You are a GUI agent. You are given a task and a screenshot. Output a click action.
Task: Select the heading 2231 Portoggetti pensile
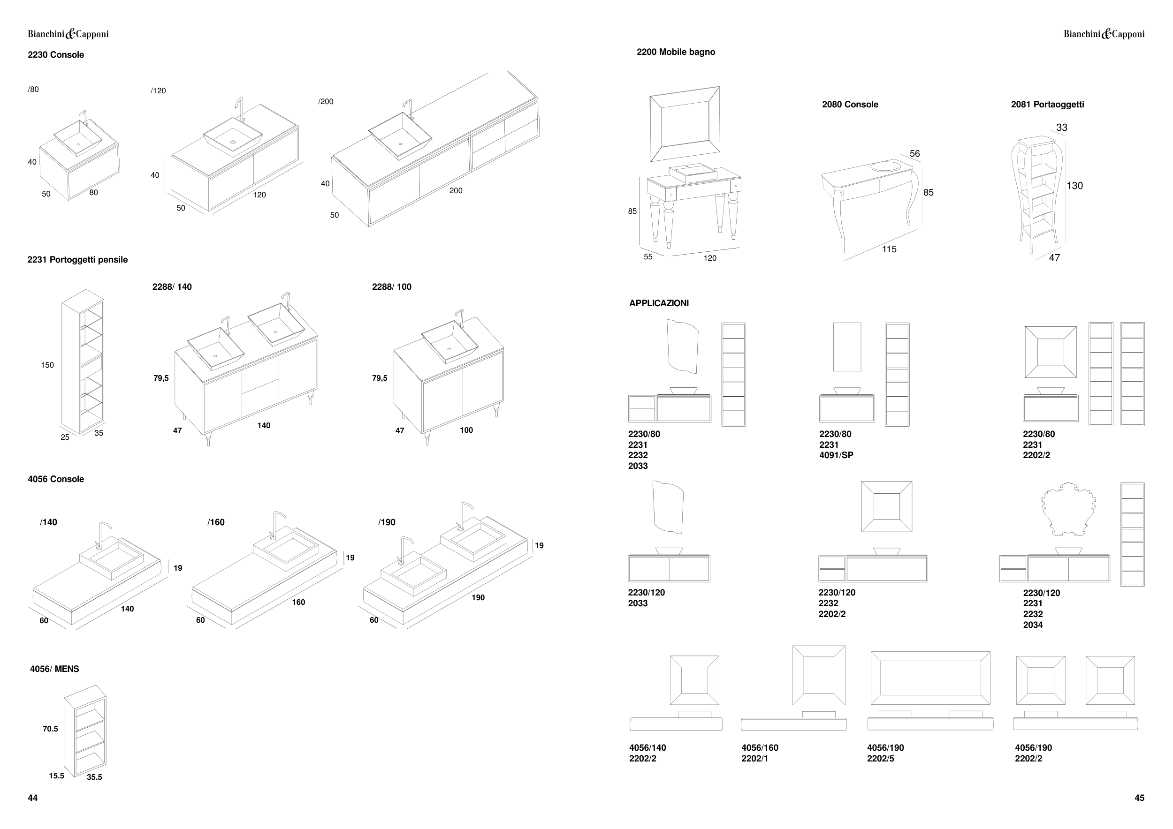pyautogui.click(x=77, y=260)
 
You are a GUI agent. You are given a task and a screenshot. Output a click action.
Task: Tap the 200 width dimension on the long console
pyautogui.click(x=456, y=191)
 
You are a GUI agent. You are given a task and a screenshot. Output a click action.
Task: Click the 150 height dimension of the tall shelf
pyautogui.click(x=47, y=365)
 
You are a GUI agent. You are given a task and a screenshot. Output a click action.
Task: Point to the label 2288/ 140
pyautogui.click(x=172, y=287)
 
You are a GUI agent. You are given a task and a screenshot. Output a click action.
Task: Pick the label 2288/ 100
pyautogui.click(x=391, y=287)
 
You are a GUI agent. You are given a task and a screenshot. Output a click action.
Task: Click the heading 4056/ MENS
pyautogui.click(x=55, y=669)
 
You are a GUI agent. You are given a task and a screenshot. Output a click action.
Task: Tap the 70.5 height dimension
pyautogui.click(x=50, y=730)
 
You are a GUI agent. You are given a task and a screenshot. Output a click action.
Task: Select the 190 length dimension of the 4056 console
pyautogui.click(x=478, y=598)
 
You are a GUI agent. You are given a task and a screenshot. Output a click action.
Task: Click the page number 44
pyautogui.click(x=33, y=799)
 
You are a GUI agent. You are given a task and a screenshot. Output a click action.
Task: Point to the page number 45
pyautogui.click(x=1139, y=799)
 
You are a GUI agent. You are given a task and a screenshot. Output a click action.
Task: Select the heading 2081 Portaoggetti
pyautogui.click(x=1047, y=105)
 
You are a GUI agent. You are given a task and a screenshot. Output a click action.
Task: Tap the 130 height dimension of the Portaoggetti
pyautogui.click(x=1074, y=186)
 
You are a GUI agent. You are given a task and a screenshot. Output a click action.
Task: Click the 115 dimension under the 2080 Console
pyautogui.click(x=889, y=249)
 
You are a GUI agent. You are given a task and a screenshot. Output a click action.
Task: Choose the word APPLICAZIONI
pyautogui.click(x=659, y=303)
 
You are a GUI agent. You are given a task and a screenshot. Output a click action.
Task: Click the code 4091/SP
pyautogui.click(x=836, y=455)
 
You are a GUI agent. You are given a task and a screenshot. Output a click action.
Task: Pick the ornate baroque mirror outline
pyautogui.click(x=1068, y=509)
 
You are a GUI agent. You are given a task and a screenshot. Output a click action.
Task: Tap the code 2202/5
pyautogui.click(x=880, y=759)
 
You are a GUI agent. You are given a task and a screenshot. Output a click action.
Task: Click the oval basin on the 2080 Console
pyautogui.click(x=885, y=166)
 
